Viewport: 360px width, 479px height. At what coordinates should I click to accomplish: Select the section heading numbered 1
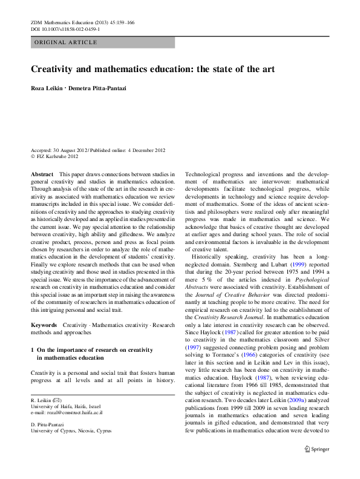tap(91, 354)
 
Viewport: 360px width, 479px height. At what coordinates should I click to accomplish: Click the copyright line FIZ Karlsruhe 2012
tap(57, 156)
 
